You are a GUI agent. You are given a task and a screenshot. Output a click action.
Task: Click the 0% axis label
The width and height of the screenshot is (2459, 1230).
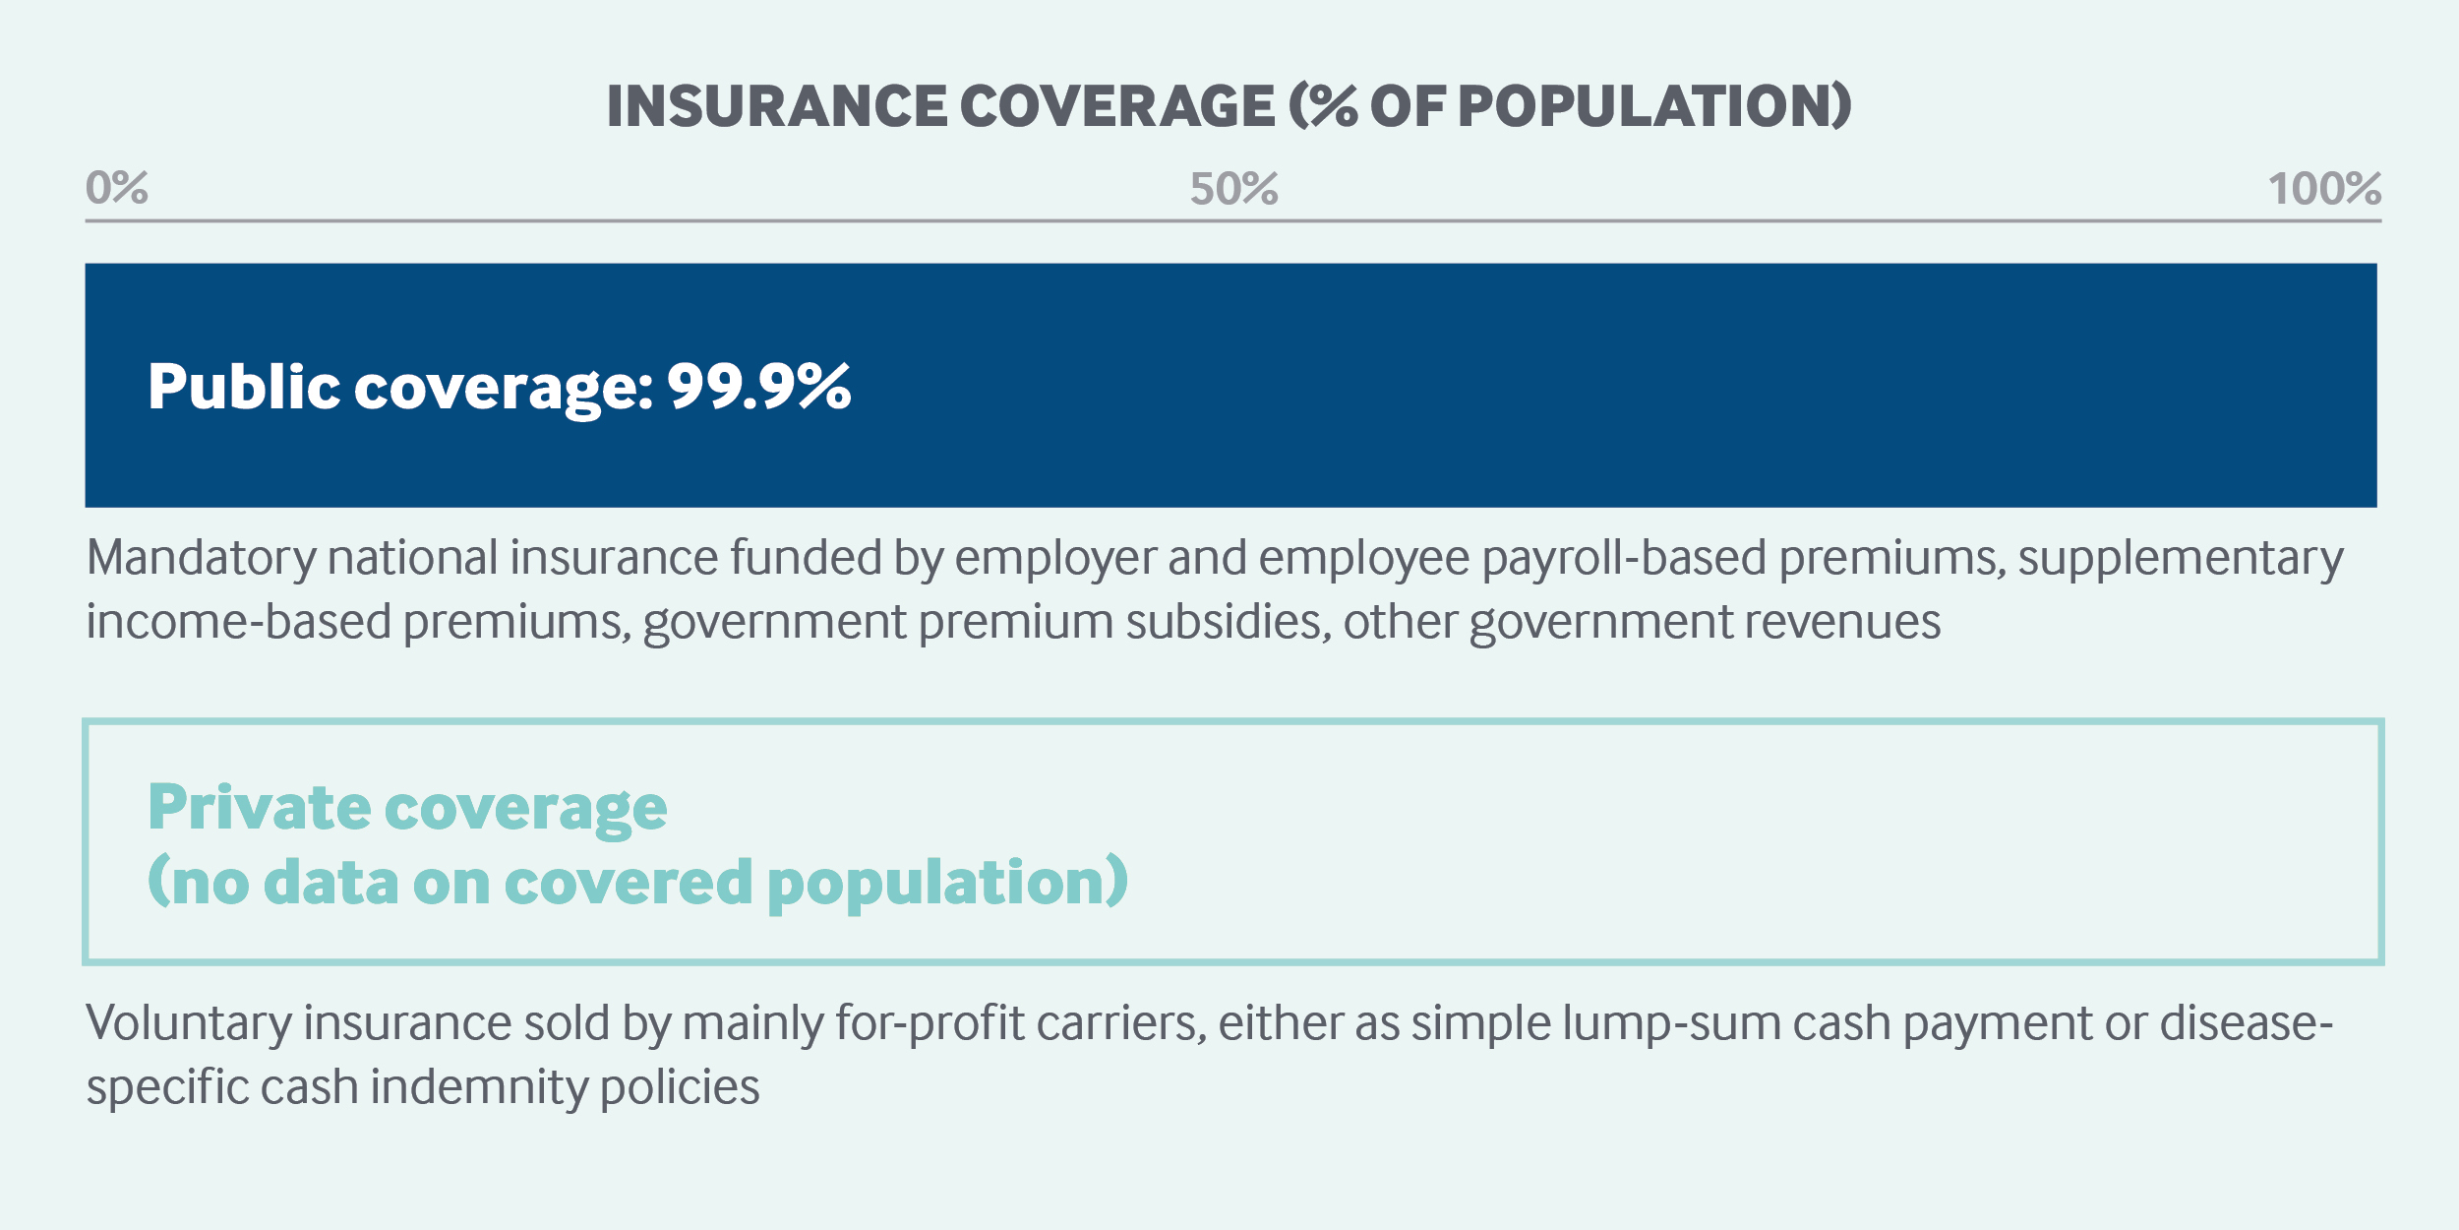117,187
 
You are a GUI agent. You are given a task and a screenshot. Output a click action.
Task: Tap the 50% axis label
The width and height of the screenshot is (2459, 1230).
1233,188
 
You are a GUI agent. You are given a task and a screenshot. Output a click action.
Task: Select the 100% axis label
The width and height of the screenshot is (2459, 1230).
2324,188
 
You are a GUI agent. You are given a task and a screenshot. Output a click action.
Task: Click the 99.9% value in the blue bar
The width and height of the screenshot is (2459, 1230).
759,386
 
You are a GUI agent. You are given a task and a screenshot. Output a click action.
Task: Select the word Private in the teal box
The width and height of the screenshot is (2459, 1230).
259,807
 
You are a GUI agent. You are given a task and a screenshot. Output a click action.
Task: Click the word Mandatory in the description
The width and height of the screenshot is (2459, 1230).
201,558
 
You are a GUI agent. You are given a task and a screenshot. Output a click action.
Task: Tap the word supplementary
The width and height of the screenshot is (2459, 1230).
2181,559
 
